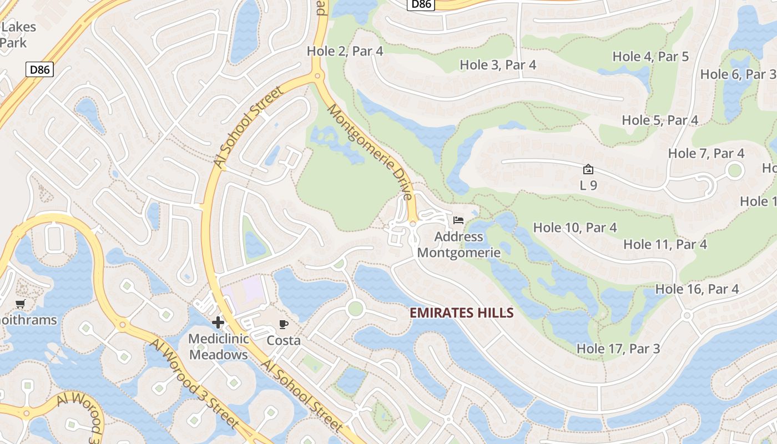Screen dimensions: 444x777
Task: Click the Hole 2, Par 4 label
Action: pyautogui.click(x=345, y=51)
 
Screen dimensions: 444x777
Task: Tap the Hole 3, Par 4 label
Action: pyautogui.click(x=498, y=64)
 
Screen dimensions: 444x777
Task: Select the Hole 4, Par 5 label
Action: pyautogui.click(x=650, y=56)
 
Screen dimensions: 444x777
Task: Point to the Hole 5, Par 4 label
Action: pyautogui.click(x=660, y=120)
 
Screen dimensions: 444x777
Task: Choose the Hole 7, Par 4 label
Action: pyautogui.click(x=706, y=153)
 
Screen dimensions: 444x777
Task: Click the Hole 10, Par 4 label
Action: pyautogui.click(x=575, y=228)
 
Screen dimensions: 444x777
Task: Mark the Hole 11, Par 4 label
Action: pyautogui.click(x=665, y=244)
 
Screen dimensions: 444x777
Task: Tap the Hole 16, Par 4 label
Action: pyautogui.click(x=697, y=289)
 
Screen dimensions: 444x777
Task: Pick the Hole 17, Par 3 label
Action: pyautogui.click(x=618, y=349)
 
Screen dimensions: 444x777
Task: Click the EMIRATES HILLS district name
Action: pyautogui.click(x=461, y=313)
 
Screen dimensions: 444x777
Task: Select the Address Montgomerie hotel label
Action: pyautogui.click(x=458, y=245)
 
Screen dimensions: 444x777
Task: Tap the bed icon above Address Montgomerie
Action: pyautogui.click(x=458, y=221)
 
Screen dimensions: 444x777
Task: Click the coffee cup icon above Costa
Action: pyautogui.click(x=284, y=325)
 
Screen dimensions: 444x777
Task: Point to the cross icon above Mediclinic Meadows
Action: pyautogui.click(x=218, y=322)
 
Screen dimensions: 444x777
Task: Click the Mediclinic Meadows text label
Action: pyautogui.click(x=218, y=347)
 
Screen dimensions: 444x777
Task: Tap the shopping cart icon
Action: pyautogui.click(x=21, y=304)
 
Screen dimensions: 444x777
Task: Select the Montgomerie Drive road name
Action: pyautogui.click(x=370, y=152)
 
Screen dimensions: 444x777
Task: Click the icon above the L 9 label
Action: pyautogui.click(x=588, y=169)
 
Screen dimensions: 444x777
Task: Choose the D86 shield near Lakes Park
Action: pyautogui.click(x=40, y=69)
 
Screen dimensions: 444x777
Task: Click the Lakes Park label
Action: pyautogui.click(x=17, y=34)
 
